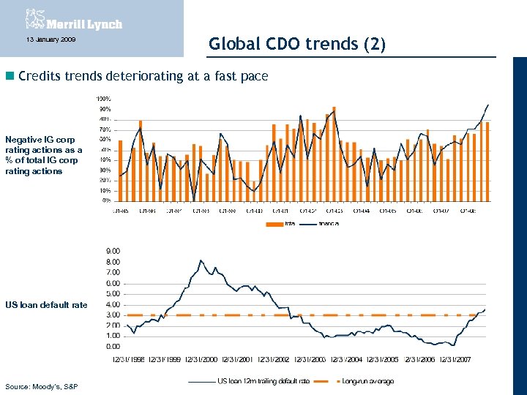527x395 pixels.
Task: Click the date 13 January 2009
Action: click(x=45, y=39)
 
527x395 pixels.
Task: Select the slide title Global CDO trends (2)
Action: click(x=296, y=44)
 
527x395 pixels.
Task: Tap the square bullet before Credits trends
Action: click(x=9, y=76)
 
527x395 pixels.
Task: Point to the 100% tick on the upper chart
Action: click(x=103, y=99)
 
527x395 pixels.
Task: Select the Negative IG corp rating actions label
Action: click(x=42, y=155)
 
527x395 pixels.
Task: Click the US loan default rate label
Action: click(x=45, y=304)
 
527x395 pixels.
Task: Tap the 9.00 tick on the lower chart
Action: click(x=113, y=251)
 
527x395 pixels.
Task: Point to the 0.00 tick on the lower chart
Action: click(x=113, y=346)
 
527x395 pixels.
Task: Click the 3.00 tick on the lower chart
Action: click(x=113, y=315)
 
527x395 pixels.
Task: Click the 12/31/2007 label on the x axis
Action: click(x=455, y=360)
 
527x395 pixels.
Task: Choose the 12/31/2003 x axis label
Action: click(x=310, y=360)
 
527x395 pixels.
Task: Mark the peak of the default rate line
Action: click(x=201, y=260)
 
